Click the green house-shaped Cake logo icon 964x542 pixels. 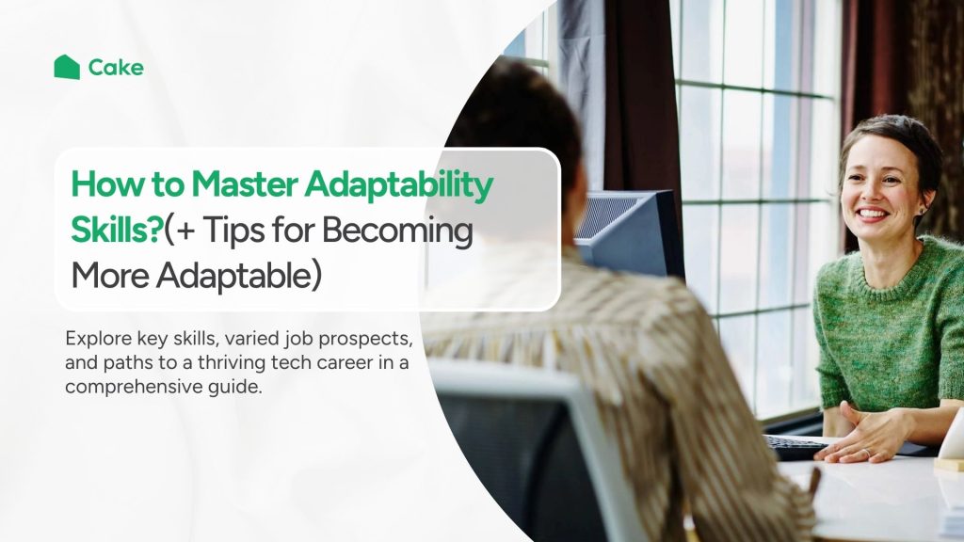point(67,67)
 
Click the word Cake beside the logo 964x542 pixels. point(116,68)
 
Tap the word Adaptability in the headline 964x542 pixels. point(398,185)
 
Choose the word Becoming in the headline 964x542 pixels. point(397,232)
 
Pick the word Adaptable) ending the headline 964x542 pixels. point(238,277)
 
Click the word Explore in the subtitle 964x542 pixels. point(98,339)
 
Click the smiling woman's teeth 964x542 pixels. point(872,215)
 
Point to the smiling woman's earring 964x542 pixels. point(923,211)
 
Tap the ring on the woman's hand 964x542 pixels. point(867,452)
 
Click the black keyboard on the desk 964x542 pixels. point(796,446)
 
